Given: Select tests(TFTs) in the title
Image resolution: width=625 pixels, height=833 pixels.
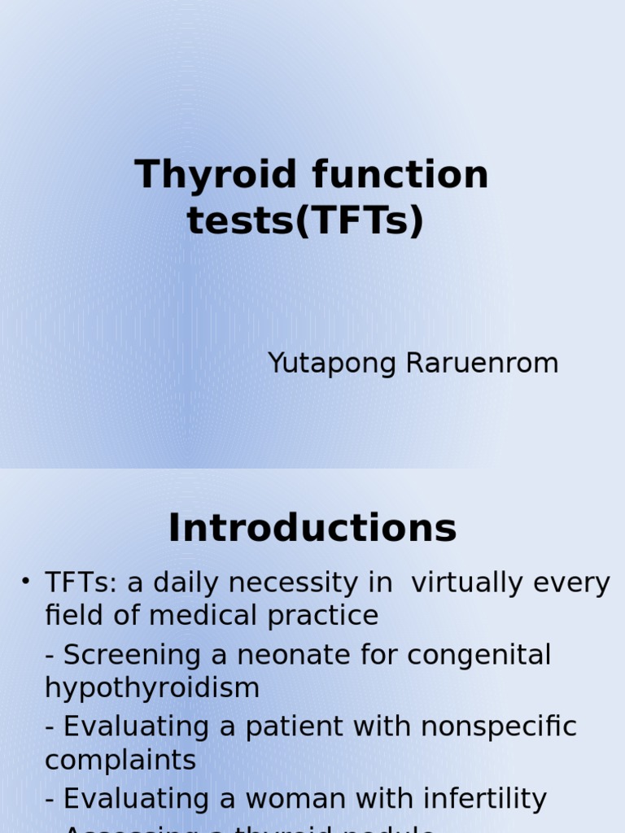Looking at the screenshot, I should click(x=306, y=220).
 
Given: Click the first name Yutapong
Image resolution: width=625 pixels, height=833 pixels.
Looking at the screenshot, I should click(x=331, y=364).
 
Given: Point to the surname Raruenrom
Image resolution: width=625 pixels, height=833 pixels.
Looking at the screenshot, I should click(x=481, y=364).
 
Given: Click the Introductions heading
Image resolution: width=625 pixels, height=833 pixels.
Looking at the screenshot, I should click(x=312, y=529).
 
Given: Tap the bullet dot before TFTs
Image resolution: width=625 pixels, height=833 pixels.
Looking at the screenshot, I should click(x=26, y=581).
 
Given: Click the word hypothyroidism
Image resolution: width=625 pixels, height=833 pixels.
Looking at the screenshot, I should click(x=152, y=688).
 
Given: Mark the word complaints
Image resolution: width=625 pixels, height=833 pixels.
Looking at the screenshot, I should click(x=120, y=761).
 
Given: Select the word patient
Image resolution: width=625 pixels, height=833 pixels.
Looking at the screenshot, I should click(x=295, y=726).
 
